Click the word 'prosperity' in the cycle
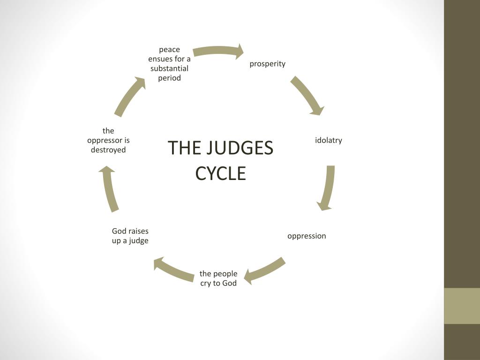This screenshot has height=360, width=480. tap(267, 64)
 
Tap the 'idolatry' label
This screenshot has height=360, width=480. tap(328, 140)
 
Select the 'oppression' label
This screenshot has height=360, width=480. tap(307, 236)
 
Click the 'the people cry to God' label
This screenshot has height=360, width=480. tap(218, 278)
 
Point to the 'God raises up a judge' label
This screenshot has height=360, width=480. tap(130, 236)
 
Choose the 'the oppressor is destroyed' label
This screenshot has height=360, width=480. tap(108, 140)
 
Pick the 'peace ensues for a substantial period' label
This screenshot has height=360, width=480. tap(169, 64)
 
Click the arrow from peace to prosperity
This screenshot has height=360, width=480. tap(218, 51)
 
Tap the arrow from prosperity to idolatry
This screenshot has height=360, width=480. tap(307, 95)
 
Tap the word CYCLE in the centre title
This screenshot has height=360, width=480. tap(220, 173)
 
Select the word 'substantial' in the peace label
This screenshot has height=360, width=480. tap(169, 68)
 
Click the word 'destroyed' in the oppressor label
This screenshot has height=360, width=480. tap(108, 150)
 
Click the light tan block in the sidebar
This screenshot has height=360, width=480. tap(462, 306)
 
